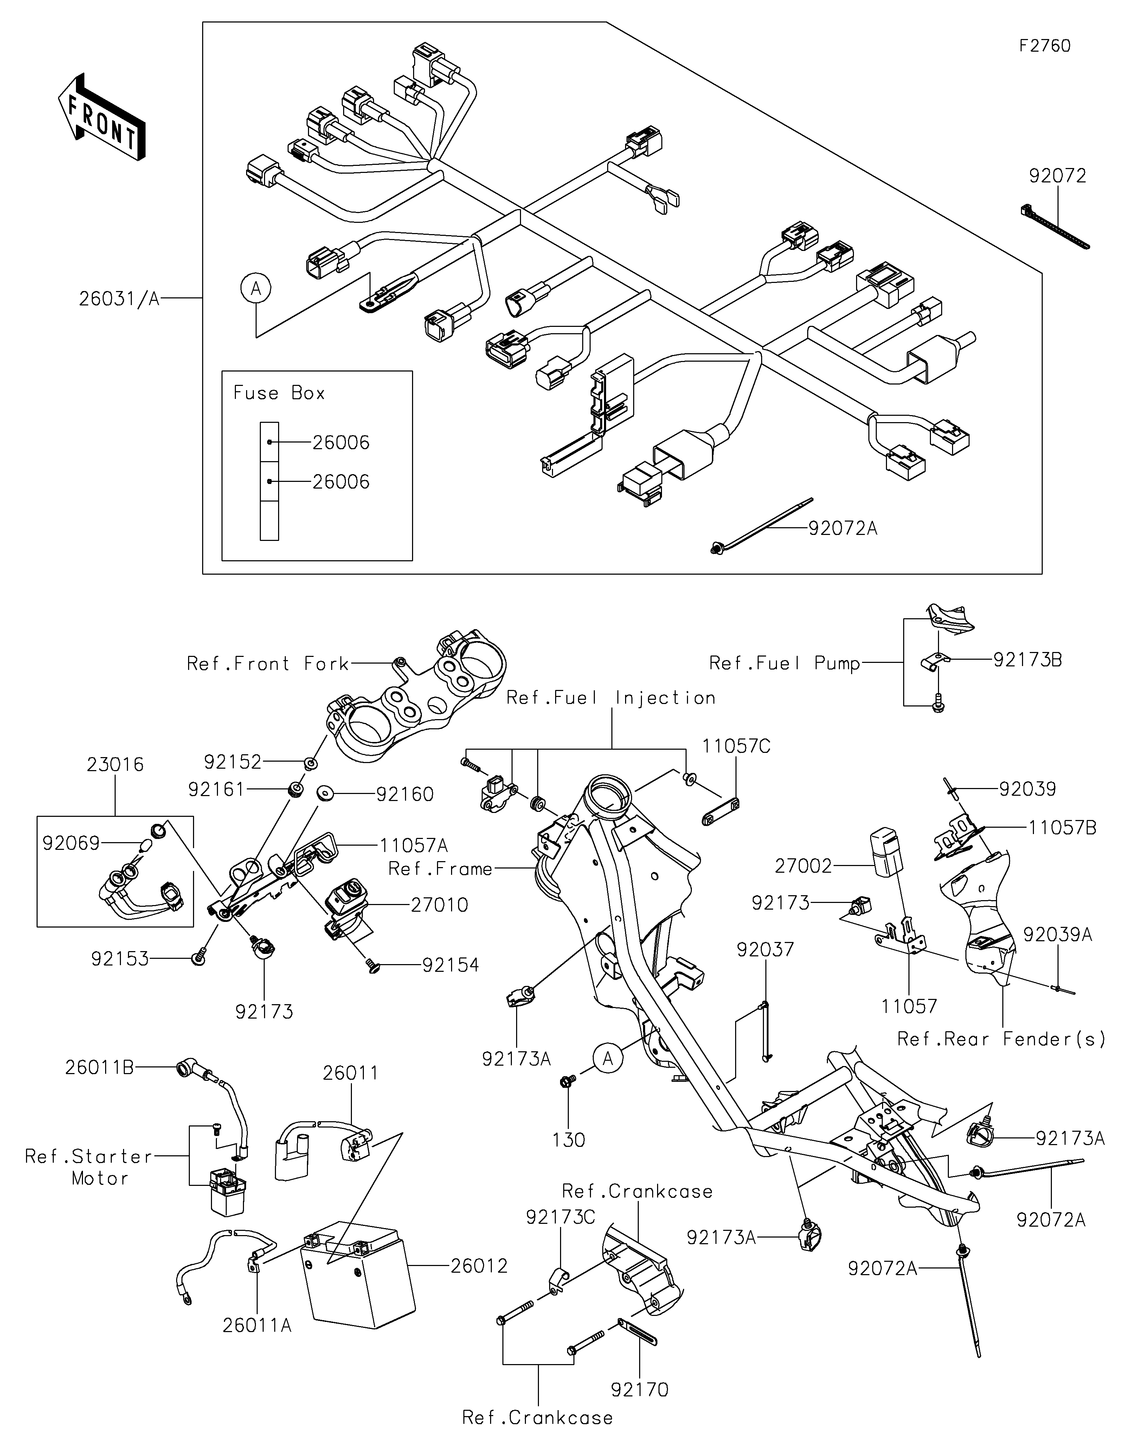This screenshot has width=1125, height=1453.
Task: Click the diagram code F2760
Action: coord(1045,46)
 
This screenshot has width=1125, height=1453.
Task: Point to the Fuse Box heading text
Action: coord(279,393)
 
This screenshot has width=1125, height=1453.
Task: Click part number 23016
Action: coord(115,764)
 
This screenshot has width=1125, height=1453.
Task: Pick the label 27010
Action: coord(439,905)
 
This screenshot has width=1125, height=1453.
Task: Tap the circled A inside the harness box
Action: coord(256,289)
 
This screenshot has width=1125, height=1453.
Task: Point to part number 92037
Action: coord(765,949)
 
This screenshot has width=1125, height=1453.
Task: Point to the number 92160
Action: coord(405,794)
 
